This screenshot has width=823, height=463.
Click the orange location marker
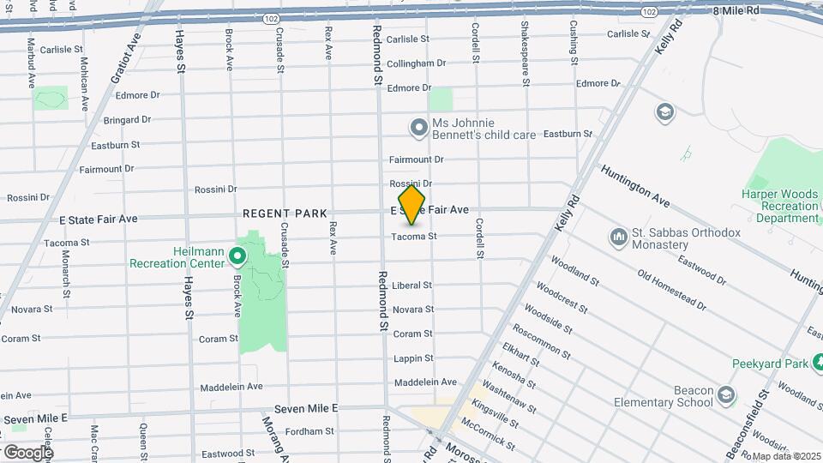click(412, 204)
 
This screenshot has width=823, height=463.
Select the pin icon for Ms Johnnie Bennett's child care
click(418, 128)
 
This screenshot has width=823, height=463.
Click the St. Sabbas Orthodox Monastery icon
click(619, 236)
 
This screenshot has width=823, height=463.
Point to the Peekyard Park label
click(770, 364)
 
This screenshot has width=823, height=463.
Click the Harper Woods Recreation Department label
click(780, 206)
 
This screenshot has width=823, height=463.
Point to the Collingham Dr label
click(416, 63)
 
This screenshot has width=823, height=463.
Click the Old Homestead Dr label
click(672, 290)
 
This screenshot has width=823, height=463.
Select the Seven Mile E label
click(306, 410)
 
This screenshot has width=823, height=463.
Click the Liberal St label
click(411, 286)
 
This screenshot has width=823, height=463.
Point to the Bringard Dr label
click(127, 120)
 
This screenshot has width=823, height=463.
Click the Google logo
click(28, 452)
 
